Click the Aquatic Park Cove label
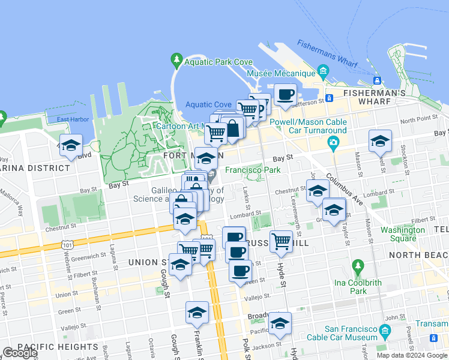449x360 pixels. [x=218, y=62]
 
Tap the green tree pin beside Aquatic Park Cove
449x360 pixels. [x=176, y=60]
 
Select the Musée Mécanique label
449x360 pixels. [x=282, y=73]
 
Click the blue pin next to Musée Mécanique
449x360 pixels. [x=324, y=73]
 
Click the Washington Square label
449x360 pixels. [x=403, y=234]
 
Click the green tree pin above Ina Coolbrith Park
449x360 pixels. [x=358, y=266]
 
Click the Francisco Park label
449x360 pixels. [x=253, y=170]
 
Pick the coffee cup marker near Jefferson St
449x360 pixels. [x=285, y=94]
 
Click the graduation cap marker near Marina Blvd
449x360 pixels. [x=71, y=146]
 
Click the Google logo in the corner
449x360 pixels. [x=19, y=353]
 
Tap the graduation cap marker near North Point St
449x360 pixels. [x=379, y=141]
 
